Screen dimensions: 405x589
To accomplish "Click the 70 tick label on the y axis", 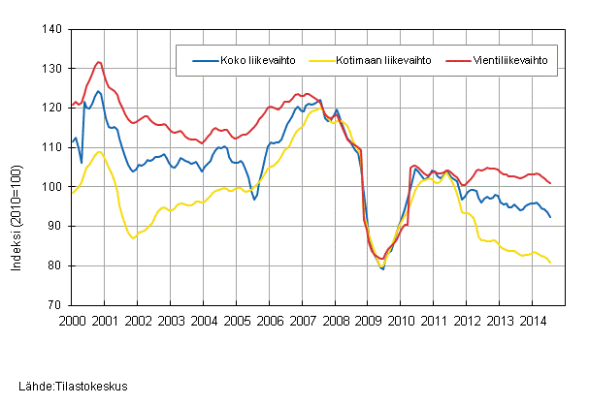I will click(x=56, y=305).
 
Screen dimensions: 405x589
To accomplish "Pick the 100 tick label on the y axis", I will click(x=52, y=187).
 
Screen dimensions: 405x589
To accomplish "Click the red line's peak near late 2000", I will click(x=98, y=62).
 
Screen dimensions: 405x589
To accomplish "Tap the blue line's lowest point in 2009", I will click(x=382, y=269).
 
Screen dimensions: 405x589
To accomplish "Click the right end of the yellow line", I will click(x=551, y=263).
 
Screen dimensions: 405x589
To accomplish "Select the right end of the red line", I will click(x=551, y=183).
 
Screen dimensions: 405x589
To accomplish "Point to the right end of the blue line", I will click(x=551, y=217).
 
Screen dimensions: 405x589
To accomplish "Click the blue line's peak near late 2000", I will click(x=98, y=91).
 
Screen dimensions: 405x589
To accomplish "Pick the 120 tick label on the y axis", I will click(x=52, y=109).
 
